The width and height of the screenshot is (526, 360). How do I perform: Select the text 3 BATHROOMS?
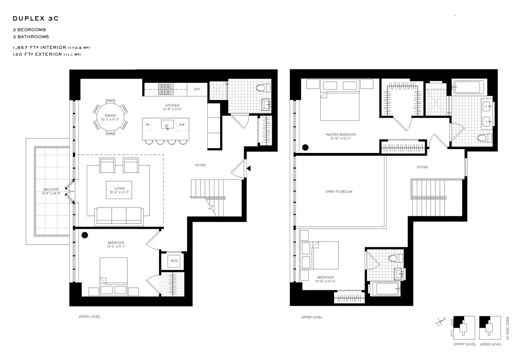tap(31, 37)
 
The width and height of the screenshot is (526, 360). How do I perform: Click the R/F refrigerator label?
tap(197, 89)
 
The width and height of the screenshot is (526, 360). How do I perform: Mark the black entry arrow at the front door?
tap(249, 168)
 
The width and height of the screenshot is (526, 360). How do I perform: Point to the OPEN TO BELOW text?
tap(338, 192)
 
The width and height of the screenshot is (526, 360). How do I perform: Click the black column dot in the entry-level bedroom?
tap(85, 235)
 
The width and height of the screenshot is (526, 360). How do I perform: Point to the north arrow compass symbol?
tap(439, 324)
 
